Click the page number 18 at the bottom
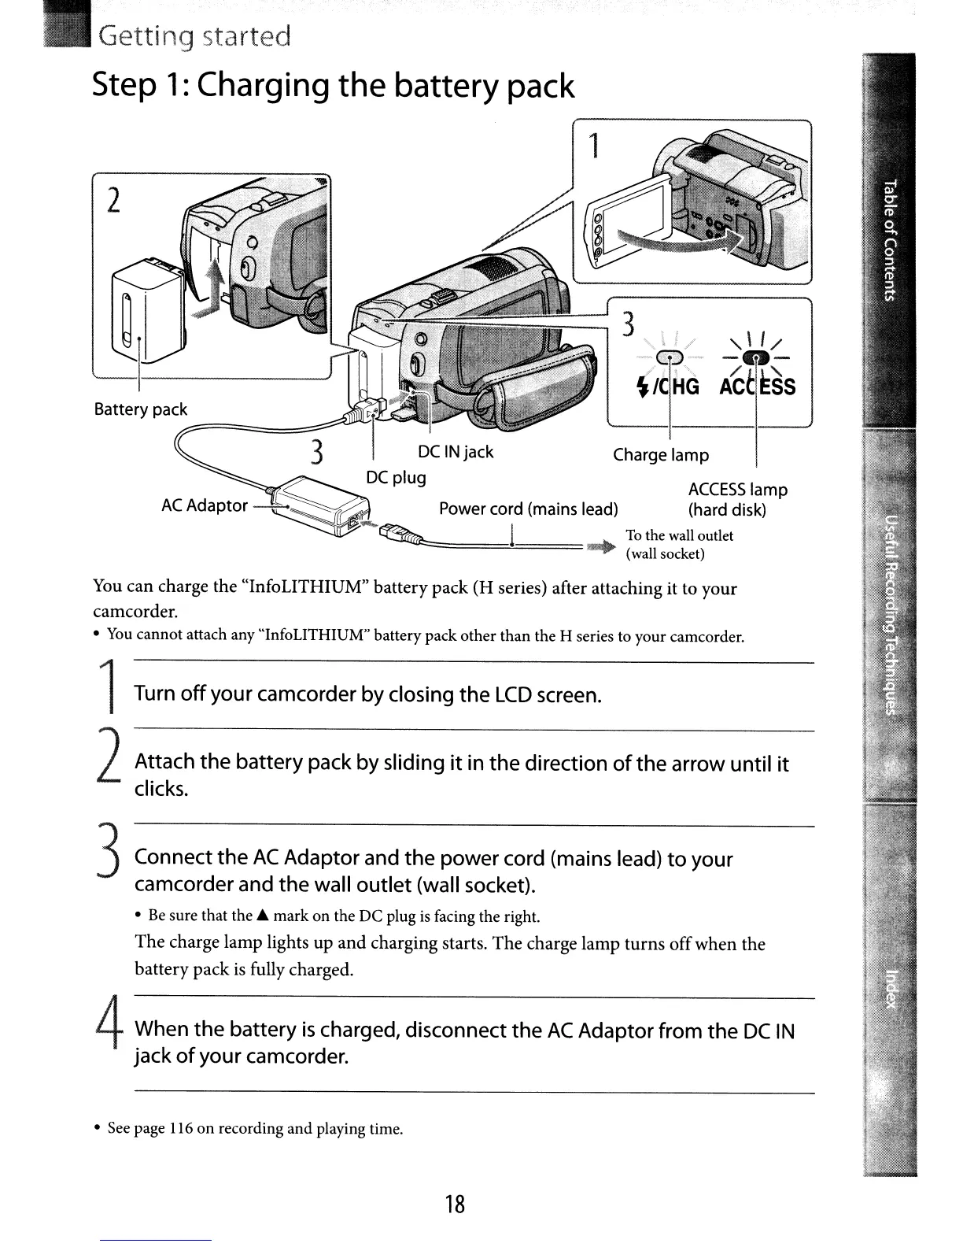(x=454, y=1204)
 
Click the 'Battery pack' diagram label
(x=140, y=409)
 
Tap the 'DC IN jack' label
(x=455, y=452)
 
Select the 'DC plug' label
(x=396, y=478)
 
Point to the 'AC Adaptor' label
(x=204, y=505)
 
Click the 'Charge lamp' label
(x=660, y=455)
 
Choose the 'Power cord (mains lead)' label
(x=528, y=509)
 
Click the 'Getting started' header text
(x=194, y=36)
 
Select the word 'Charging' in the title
(x=263, y=85)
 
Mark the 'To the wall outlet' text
(x=679, y=535)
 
